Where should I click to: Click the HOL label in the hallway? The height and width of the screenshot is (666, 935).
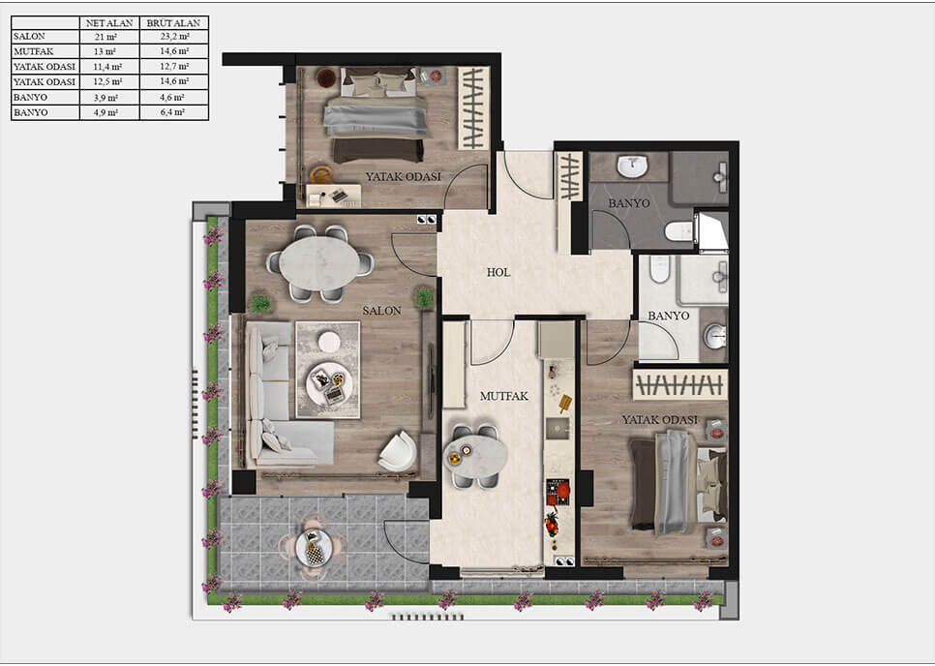[498, 273]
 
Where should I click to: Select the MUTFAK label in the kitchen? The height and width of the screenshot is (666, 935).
[502, 397]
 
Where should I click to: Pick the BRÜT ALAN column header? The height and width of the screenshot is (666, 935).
[173, 22]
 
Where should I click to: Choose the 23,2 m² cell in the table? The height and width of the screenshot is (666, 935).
[173, 36]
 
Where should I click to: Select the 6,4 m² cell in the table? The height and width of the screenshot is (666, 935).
[173, 113]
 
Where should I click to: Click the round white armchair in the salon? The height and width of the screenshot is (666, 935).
[398, 451]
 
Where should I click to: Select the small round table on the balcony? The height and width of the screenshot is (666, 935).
[314, 549]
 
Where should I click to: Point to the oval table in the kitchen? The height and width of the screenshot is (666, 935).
[475, 455]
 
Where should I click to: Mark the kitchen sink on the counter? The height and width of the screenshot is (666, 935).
[558, 428]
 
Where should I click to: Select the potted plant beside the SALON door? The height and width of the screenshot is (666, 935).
[424, 298]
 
